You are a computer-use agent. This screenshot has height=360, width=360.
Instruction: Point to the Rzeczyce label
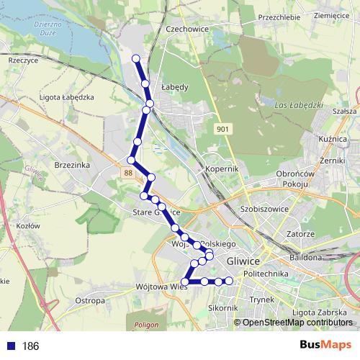pos(22,61)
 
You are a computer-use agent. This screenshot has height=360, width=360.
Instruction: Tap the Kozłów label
pos(27,226)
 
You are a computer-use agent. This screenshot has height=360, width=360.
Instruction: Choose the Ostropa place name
pos(90,300)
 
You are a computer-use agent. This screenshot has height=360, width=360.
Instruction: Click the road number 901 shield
pos(223,128)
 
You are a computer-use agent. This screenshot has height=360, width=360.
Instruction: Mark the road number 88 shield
pos(127,173)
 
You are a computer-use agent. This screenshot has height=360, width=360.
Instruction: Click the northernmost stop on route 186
pos(136,58)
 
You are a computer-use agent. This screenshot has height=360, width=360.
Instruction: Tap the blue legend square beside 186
pos(10,346)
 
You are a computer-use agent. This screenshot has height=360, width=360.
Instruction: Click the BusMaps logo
pos(325,345)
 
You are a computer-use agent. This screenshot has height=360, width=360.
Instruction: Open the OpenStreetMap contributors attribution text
pos(297,323)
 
